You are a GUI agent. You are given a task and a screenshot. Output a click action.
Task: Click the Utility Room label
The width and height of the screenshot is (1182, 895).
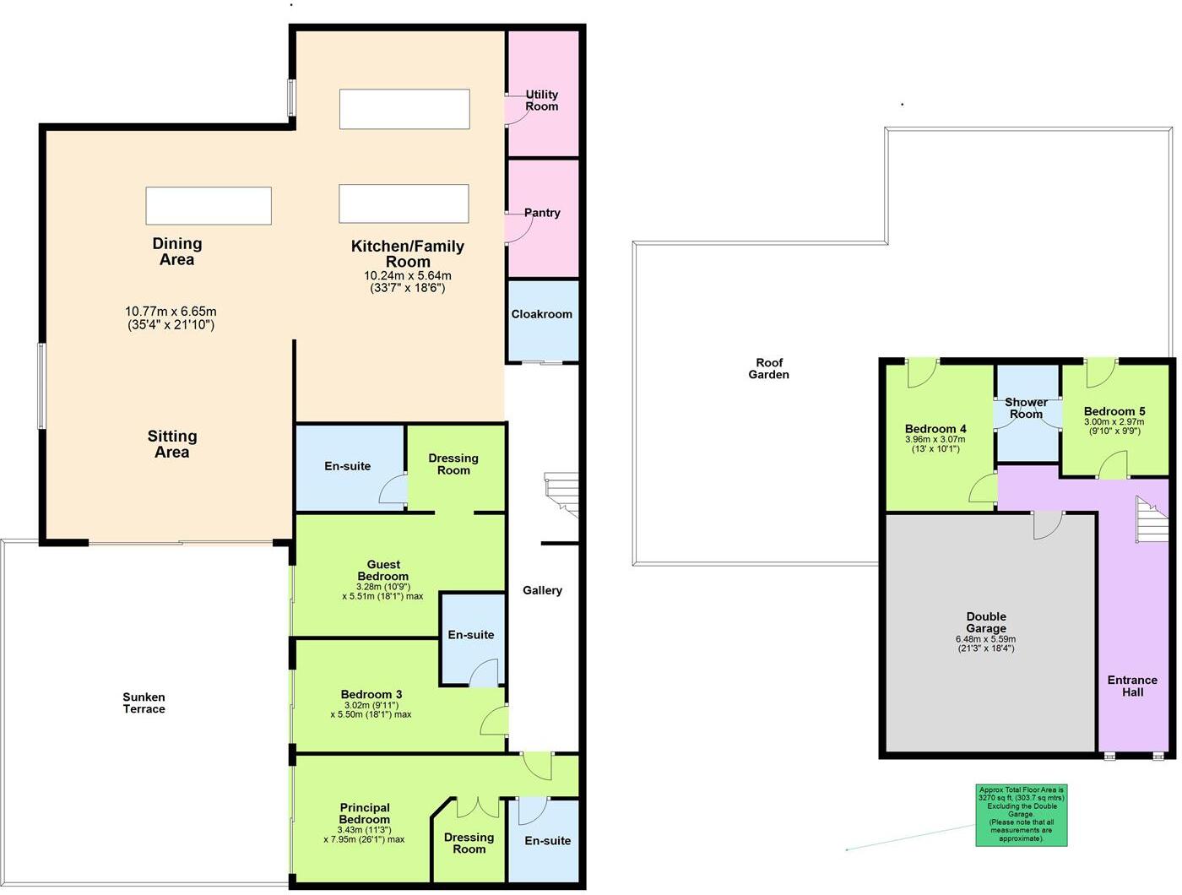point(541,100)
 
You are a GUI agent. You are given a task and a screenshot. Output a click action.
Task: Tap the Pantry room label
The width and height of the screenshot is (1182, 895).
point(542,213)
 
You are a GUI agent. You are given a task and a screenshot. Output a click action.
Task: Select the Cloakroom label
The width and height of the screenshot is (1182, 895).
point(541,314)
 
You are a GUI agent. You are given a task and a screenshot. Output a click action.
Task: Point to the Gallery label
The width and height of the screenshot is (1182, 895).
point(542,590)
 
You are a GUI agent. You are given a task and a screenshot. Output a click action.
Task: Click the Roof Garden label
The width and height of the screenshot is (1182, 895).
point(768,368)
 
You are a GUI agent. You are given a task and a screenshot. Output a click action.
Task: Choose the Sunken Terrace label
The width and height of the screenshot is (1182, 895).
point(144,702)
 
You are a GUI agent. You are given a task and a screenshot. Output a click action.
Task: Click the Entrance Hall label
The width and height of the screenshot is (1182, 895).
point(1132,686)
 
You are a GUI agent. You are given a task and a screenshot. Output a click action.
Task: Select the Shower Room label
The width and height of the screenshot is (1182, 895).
point(1026,408)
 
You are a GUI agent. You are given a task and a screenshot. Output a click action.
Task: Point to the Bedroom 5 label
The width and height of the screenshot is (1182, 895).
point(1114,411)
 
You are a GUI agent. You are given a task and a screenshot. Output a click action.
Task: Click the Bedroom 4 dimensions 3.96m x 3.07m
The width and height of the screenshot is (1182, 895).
point(935,444)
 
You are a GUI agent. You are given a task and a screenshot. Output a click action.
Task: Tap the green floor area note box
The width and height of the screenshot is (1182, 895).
point(1021,814)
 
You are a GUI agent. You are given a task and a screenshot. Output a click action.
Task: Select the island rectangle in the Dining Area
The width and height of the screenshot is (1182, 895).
point(209,205)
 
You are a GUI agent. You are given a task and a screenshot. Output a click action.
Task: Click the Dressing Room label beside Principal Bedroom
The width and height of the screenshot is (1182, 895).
point(469,843)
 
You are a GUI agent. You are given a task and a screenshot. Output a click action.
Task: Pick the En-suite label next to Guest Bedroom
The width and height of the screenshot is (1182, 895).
point(470,635)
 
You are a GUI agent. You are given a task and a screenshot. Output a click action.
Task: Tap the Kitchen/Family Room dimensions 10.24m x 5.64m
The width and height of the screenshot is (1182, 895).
point(407,281)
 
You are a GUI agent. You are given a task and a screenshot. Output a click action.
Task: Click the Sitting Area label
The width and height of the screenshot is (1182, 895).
point(172,444)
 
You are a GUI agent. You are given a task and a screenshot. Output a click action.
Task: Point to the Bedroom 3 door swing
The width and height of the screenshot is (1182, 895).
point(495,720)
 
